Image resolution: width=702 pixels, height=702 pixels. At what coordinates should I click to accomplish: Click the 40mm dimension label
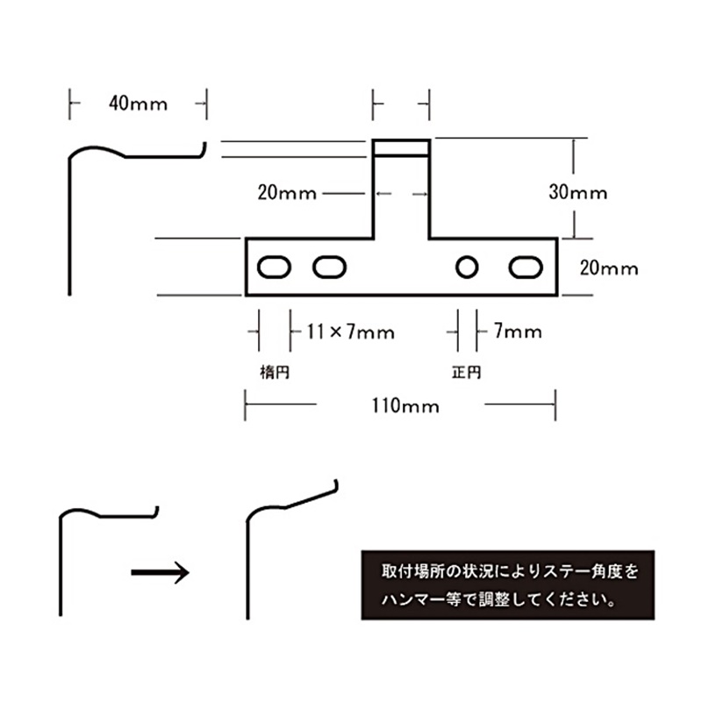pos(138,104)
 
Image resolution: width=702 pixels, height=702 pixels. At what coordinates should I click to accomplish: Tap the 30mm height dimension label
pos(578,192)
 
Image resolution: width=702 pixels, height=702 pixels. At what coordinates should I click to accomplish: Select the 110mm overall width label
pos(405,406)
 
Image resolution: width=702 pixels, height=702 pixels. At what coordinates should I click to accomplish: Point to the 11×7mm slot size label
pos(350,333)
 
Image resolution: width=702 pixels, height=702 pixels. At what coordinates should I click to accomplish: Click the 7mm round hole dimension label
pos(518,332)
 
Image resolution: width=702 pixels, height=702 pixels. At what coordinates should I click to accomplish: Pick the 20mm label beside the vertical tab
pos(287,193)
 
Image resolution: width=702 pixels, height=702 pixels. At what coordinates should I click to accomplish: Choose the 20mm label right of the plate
pos(609,269)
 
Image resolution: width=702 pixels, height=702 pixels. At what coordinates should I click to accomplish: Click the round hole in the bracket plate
pos(467,268)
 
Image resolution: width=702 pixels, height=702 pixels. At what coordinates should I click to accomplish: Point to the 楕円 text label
pos(275,372)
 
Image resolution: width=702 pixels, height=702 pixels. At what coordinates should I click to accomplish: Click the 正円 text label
pos(466,372)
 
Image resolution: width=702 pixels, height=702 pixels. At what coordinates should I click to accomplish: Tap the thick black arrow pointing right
pos(160,572)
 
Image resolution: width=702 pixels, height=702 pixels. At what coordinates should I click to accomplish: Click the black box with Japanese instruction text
pos(508,584)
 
